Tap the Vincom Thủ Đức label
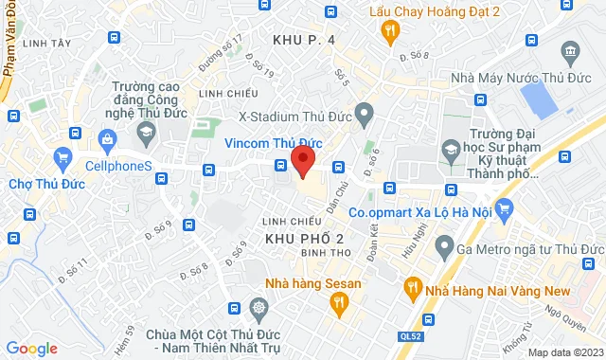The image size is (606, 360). [272, 143]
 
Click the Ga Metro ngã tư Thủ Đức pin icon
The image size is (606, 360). [442, 248]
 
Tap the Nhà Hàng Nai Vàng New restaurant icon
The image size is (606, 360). [413, 286]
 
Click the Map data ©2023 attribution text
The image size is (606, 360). [564, 352]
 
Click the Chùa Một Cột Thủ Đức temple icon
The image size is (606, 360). [260, 308]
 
